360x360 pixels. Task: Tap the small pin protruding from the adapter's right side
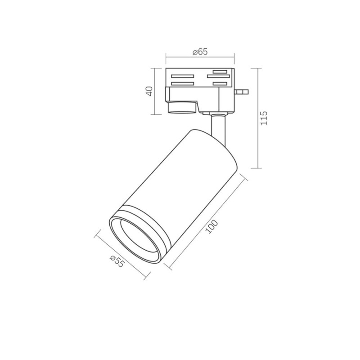243,92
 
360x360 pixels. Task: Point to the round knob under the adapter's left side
182,108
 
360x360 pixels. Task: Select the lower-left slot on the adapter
182,83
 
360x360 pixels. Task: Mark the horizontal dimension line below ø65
200,57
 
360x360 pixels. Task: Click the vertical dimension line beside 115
257,118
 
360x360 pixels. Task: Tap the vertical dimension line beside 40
155,91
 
